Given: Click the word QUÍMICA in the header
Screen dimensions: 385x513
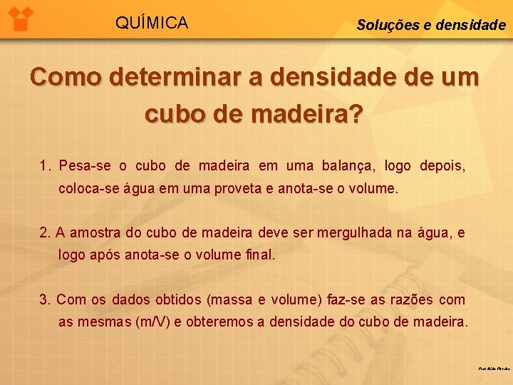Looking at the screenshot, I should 152,24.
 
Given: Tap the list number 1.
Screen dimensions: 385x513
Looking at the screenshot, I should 45,166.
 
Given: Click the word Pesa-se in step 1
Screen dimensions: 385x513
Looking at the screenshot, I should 85,166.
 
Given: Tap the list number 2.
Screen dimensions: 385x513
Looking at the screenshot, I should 45,232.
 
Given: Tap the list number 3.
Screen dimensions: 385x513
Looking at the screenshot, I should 45,300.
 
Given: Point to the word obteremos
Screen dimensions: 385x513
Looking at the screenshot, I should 222,322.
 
